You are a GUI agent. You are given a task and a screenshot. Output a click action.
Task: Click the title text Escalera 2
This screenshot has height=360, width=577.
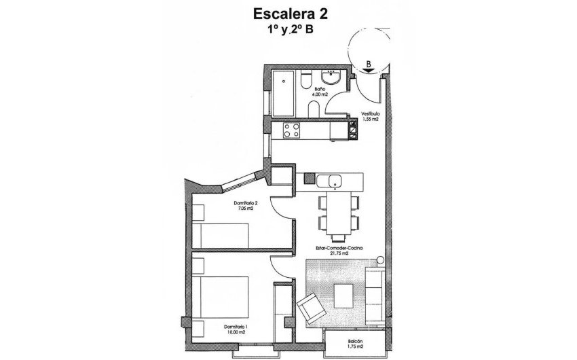coord(288,13)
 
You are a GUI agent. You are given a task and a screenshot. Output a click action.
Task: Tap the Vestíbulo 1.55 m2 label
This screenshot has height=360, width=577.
coord(369,116)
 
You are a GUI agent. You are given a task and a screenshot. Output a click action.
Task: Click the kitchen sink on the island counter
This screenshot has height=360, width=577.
coord(333,180)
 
